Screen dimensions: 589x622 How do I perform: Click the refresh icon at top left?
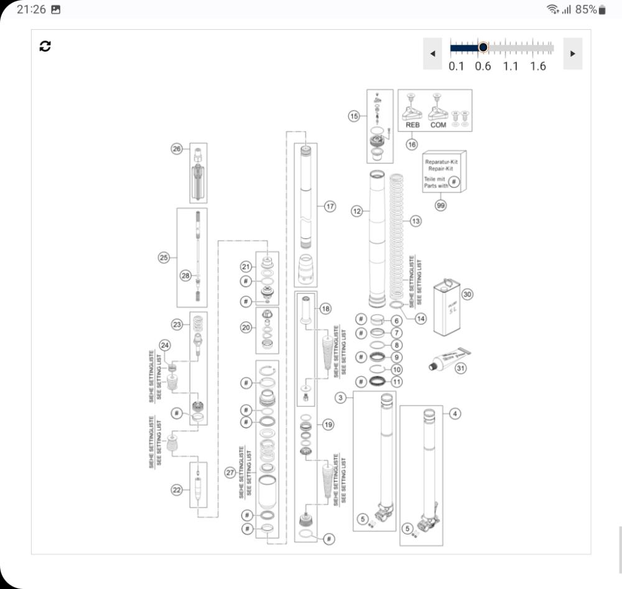pos(45,46)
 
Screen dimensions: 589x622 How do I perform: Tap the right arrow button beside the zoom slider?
pos(572,53)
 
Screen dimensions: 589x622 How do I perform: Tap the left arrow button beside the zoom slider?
pos(432,53)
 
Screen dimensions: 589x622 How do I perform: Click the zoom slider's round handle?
pos(483,47)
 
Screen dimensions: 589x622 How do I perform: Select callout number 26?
pos(177,149)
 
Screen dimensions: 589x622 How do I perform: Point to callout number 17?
pos(330,205)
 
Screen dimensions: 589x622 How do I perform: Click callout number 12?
pos(357,211)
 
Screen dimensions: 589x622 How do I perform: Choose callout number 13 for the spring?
pos(415,221)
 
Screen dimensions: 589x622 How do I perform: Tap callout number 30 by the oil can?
pos(468,295)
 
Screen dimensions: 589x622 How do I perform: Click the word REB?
pos(413,124)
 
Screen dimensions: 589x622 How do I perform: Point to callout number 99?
pos(441,205)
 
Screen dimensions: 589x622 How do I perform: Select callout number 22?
pos(177,489)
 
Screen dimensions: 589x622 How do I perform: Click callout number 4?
pos(455,414)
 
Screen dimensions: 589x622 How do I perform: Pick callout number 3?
pos(341,397)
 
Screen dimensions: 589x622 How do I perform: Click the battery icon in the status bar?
pos(601,10)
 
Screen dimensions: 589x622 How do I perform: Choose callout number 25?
pos(164,257)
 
